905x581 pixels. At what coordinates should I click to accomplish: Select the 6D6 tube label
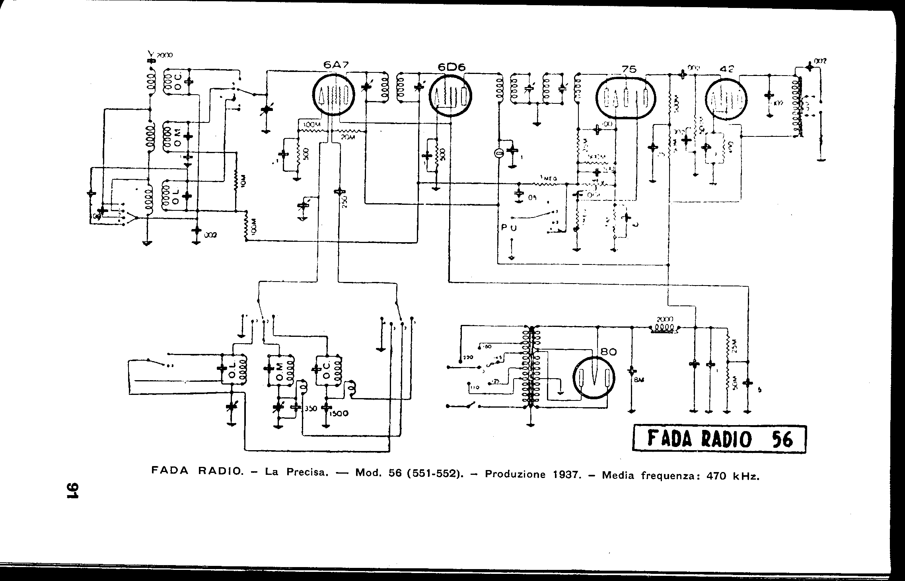[x=452, y=68]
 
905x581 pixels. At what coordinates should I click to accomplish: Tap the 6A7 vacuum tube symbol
[x=333, y=95]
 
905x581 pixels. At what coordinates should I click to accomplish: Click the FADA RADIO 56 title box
[x=719, y=439]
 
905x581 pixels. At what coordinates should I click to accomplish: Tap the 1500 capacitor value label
[x=339, y=414]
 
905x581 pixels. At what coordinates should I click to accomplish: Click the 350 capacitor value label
[x=310, y=408]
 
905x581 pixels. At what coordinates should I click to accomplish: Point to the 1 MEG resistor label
[x=549, y=179]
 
